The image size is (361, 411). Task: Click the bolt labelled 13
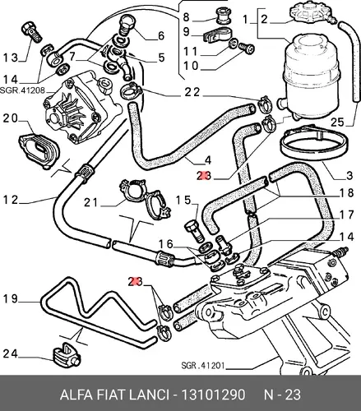pos(31,33)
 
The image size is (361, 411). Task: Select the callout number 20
pos(11,118)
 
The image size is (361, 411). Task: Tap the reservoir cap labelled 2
pos(311,13)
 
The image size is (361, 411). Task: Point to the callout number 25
pos(337,122)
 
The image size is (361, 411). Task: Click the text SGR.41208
pos(22,90)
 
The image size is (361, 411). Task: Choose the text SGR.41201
pos(203,365)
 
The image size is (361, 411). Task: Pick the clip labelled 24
pos(66,354)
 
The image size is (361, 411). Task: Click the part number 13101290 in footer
pos(213,395)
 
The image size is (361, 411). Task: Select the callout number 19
pos(10,299)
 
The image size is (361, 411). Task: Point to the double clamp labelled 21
pos(146,199)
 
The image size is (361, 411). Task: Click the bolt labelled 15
pos(194,232)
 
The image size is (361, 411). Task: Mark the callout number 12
pos(11,200)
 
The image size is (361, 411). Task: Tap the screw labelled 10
pos(247,49)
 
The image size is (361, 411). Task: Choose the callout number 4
pos(208,160)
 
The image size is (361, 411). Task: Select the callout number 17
pos(346,215)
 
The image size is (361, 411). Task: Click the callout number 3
pos(349,175)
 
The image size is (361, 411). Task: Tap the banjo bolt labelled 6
pos(127,26)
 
